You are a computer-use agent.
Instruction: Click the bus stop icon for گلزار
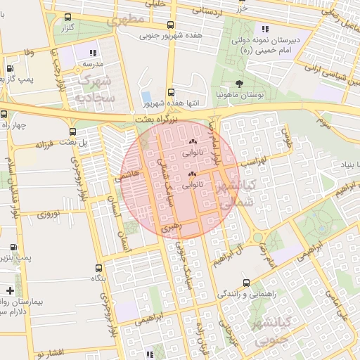tap(67, 18)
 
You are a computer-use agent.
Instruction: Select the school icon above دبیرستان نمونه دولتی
tap(264, 29)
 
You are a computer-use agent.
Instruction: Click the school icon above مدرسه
tap(93, 52)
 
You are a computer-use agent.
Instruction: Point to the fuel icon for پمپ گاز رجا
tap(9, 69)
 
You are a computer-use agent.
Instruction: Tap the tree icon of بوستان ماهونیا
tap(240, 82)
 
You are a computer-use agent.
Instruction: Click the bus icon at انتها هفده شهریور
tap(172, 91)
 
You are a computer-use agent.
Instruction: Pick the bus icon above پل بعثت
tap(73, 131)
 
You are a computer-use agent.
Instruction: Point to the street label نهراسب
tap(250, 162)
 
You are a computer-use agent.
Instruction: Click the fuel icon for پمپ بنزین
tap(14, 247)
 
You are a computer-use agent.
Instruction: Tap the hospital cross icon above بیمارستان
tap(9, 290)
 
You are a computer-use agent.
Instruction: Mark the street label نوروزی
tap(50, 213)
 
